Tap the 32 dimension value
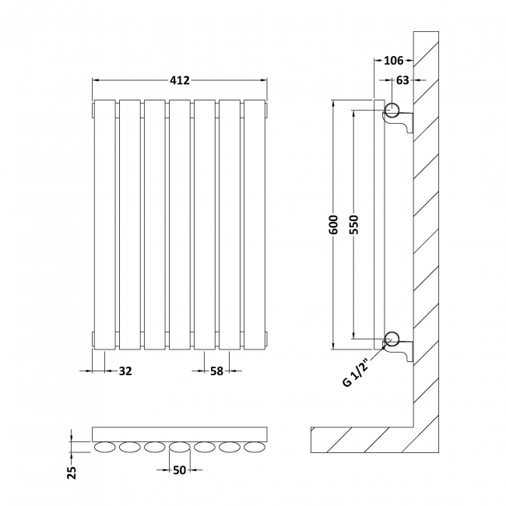click(125, 371)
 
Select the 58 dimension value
click(216, 371)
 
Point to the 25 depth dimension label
click(72, 471)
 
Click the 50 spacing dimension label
click(179, 469)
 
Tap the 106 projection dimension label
click(393, 61)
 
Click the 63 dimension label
click(402, 79)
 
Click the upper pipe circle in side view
click(392, 109)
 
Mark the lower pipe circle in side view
click(392, 339)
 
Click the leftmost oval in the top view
click(104, 448)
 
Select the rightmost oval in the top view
click(255, 448)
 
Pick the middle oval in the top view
click(179, 448)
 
